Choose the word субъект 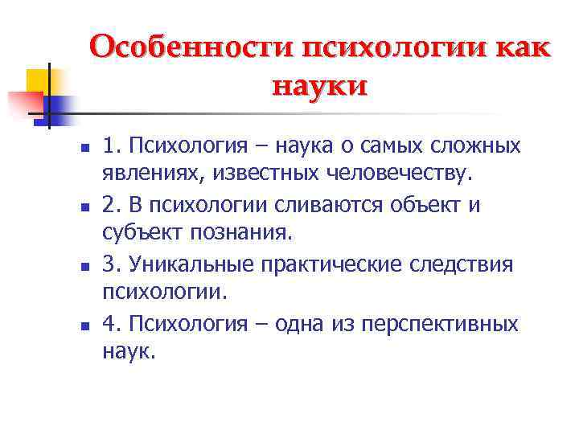point(138,234)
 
